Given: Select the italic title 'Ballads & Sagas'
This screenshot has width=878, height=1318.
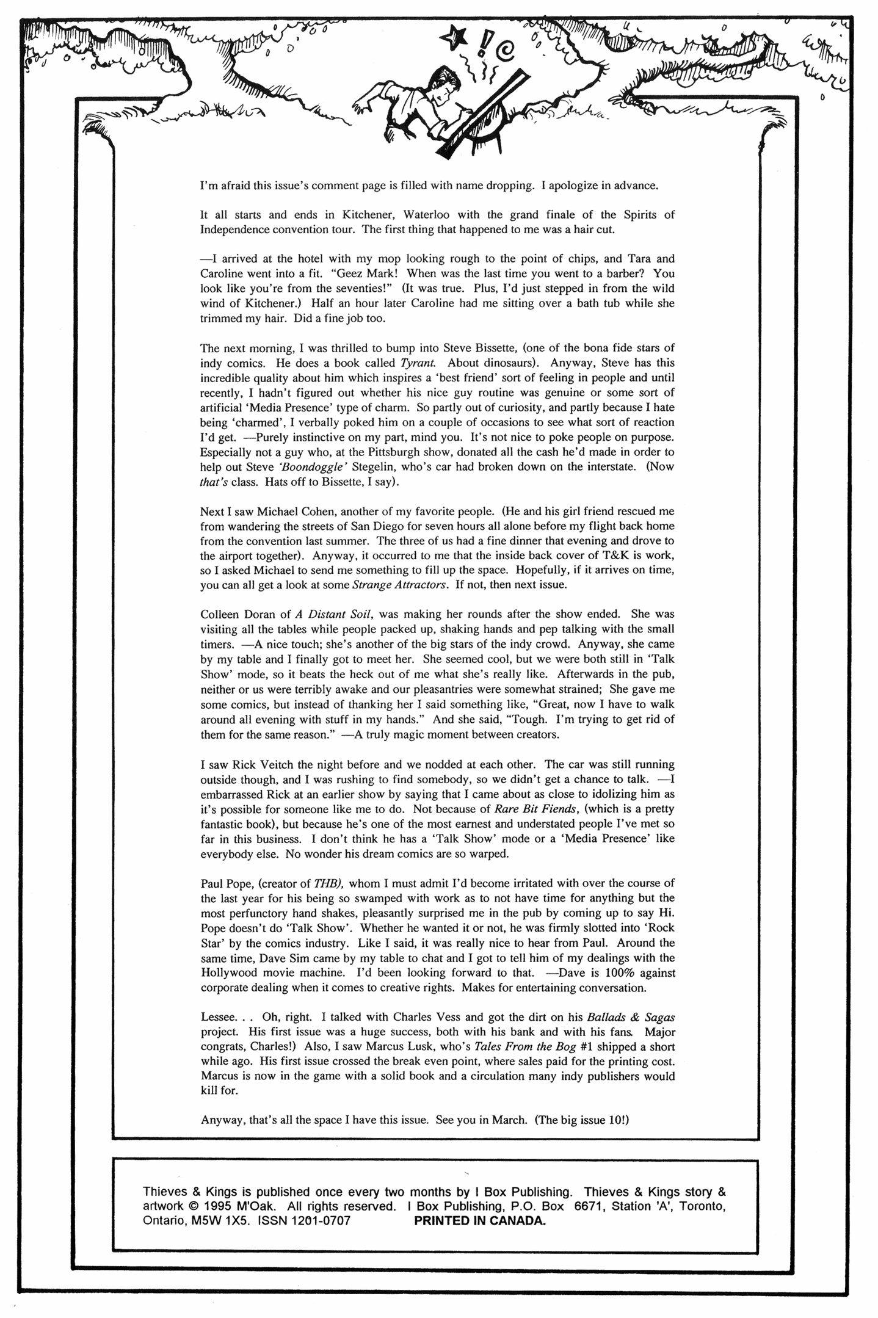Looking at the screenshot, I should click(630, 1017).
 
